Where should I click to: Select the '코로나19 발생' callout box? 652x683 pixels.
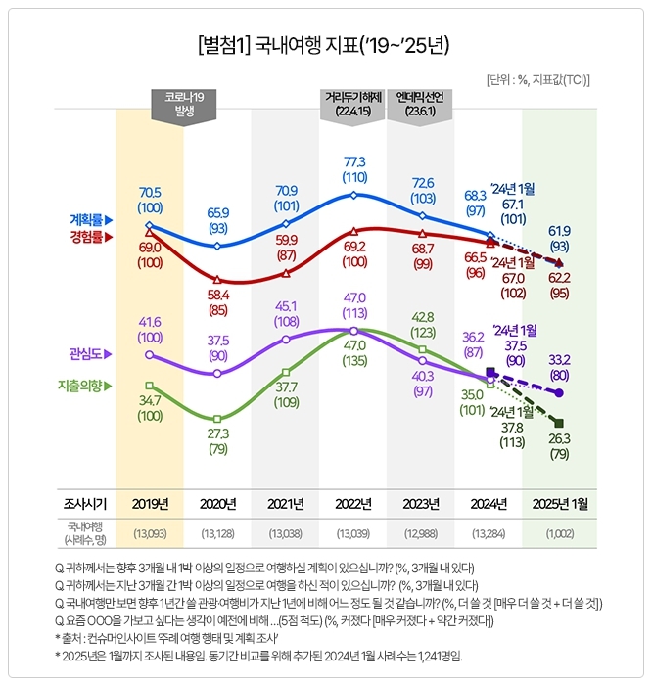point(183,105)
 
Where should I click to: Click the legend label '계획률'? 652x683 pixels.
point(89,219)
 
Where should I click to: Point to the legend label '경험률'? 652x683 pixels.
point(89,237)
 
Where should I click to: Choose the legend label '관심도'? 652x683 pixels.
point(89,354)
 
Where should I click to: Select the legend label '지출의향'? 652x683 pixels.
point(83,387)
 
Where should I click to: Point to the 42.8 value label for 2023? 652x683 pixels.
point(422,317)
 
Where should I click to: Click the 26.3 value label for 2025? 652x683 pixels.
point(559,438)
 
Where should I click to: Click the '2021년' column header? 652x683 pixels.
point(285,504)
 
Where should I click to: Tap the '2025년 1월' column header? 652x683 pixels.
point(559,504)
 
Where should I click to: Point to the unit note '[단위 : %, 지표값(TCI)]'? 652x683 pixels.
point(537,79)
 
